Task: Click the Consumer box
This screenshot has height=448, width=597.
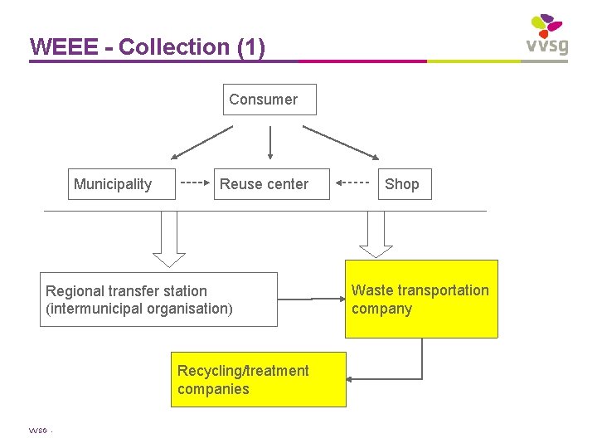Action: pyautogui.click(x=270, y=100)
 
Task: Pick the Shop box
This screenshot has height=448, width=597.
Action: pyautogui.click(x=402, y=184)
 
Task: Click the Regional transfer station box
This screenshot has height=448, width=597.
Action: pyautogui.click(x=158, y=299)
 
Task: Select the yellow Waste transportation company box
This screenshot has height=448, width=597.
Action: pyautogui.click(x=421, y=299)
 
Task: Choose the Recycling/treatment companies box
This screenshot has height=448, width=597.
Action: pyautogui.click(x=258, y=380)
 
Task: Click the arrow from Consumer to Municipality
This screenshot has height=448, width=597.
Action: pyautogui.click(x=202, y=142)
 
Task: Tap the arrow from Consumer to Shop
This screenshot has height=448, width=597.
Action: pyautogui.click(x=341, y=142)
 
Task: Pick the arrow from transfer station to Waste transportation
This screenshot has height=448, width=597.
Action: pyautogui.click(x=311, y=297)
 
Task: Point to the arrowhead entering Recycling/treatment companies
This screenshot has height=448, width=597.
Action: pyautogui.click(x=351, y=379)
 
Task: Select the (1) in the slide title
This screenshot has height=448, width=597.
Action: pyautogui.click(x=250, y=47)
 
